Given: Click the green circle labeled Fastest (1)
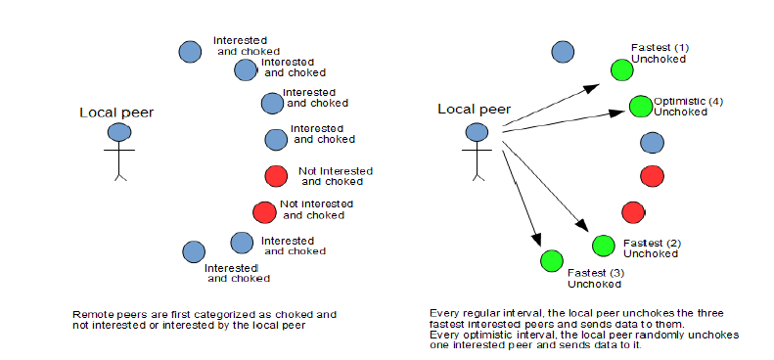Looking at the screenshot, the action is (x=621, y=69).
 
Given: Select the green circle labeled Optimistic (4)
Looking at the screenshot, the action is (x=641, y=106).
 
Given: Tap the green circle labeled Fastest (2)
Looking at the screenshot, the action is (x=603, y=246).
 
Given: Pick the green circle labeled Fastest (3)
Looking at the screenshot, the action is (x=551, y=261).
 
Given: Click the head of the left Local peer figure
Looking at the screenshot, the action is (x=119, y=132).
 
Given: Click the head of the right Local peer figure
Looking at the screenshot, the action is (x=477, y=132).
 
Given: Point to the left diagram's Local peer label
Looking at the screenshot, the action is (x=116, y=112).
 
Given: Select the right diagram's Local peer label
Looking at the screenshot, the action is (x=474, y=110).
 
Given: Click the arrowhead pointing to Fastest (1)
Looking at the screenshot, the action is (x=591, y=88).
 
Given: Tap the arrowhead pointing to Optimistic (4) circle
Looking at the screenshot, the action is (x=617, y=112).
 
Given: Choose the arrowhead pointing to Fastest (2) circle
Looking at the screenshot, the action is (x=582, y=226).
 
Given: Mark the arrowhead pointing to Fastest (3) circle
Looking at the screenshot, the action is (x=535, y=239).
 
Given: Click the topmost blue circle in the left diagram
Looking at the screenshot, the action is (x=190, y=51).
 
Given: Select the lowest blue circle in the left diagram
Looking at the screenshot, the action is (x=194, y=251).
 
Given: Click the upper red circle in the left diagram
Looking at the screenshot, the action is (x=276, y=176).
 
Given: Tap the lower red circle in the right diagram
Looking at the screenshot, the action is (x=633, y=212).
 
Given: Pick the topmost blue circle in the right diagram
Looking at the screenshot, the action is (x=563, y=51).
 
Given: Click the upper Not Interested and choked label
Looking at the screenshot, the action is (x=335, y=176).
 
